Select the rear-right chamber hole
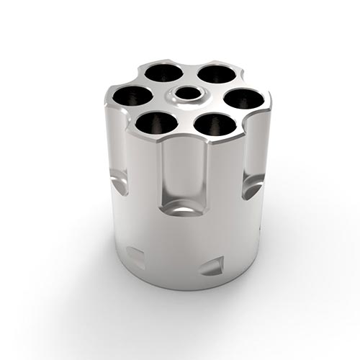[x=215, y=73]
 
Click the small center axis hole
[x=189, y=94]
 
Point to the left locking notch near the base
[x=135, y=255]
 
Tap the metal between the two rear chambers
[x=189, y=72]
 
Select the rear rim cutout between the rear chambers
[x=189, y=63]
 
